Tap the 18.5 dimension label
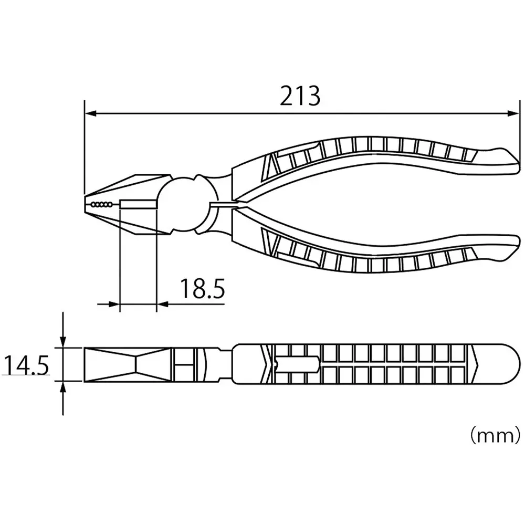[203, 289]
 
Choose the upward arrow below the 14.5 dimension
[63, 388]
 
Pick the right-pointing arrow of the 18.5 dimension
[114, 303]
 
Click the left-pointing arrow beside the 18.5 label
[163, 303]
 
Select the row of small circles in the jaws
[101, 204]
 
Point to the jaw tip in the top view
[87, 204]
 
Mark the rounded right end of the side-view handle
[512, 363]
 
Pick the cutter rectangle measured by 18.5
[139, 204]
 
